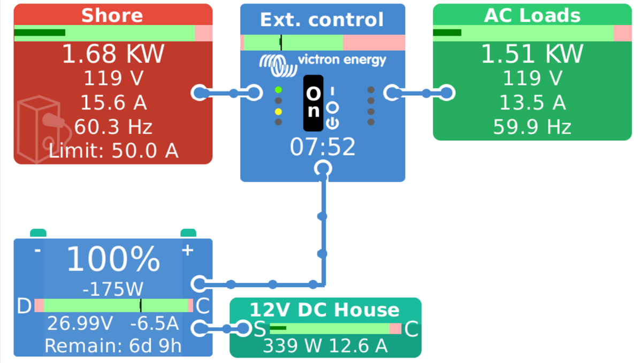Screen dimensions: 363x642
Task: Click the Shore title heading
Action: tap(112, 15)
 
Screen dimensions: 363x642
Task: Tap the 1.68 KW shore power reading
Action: tap(113, 54)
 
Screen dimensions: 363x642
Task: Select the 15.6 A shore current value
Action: tap(113, 102)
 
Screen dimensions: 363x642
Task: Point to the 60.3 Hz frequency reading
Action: tap(113, 127)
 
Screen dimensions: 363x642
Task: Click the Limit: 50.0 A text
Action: tap(113, 151)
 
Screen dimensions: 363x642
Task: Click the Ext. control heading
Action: tap(322, 20)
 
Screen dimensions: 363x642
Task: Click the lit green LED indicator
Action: tap(278, 90)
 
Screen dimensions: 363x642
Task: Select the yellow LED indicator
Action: tap(278, 112)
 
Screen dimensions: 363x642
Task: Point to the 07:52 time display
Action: tap(323, 146)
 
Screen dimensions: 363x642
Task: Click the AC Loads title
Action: tap(532, 16)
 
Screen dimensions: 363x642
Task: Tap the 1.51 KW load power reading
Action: tap(532, 54)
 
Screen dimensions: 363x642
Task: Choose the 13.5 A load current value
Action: tap(532, 102)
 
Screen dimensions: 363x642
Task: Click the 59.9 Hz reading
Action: tap(532, 127)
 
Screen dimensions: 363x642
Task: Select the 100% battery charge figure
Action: tap(113, 260)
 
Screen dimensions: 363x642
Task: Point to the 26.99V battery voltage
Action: tap(80, 324)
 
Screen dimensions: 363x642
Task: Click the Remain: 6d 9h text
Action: tap(113, 346)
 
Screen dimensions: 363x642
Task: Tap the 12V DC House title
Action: tap(325, 310)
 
